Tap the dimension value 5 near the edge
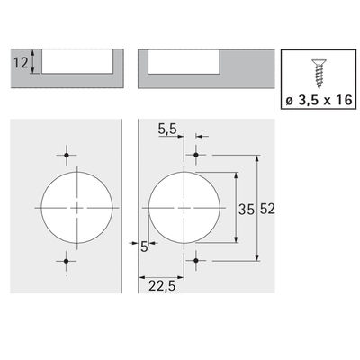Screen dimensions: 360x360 coord(131,245)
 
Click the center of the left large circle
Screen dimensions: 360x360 coord(77,207)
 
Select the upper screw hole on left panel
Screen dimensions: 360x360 coord(67,152)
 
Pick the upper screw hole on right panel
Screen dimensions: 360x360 coord(197,154)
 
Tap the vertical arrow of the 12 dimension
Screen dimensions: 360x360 coord(33,62)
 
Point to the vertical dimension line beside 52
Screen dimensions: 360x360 coord(258,206)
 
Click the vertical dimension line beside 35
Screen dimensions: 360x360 coord(237,206)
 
